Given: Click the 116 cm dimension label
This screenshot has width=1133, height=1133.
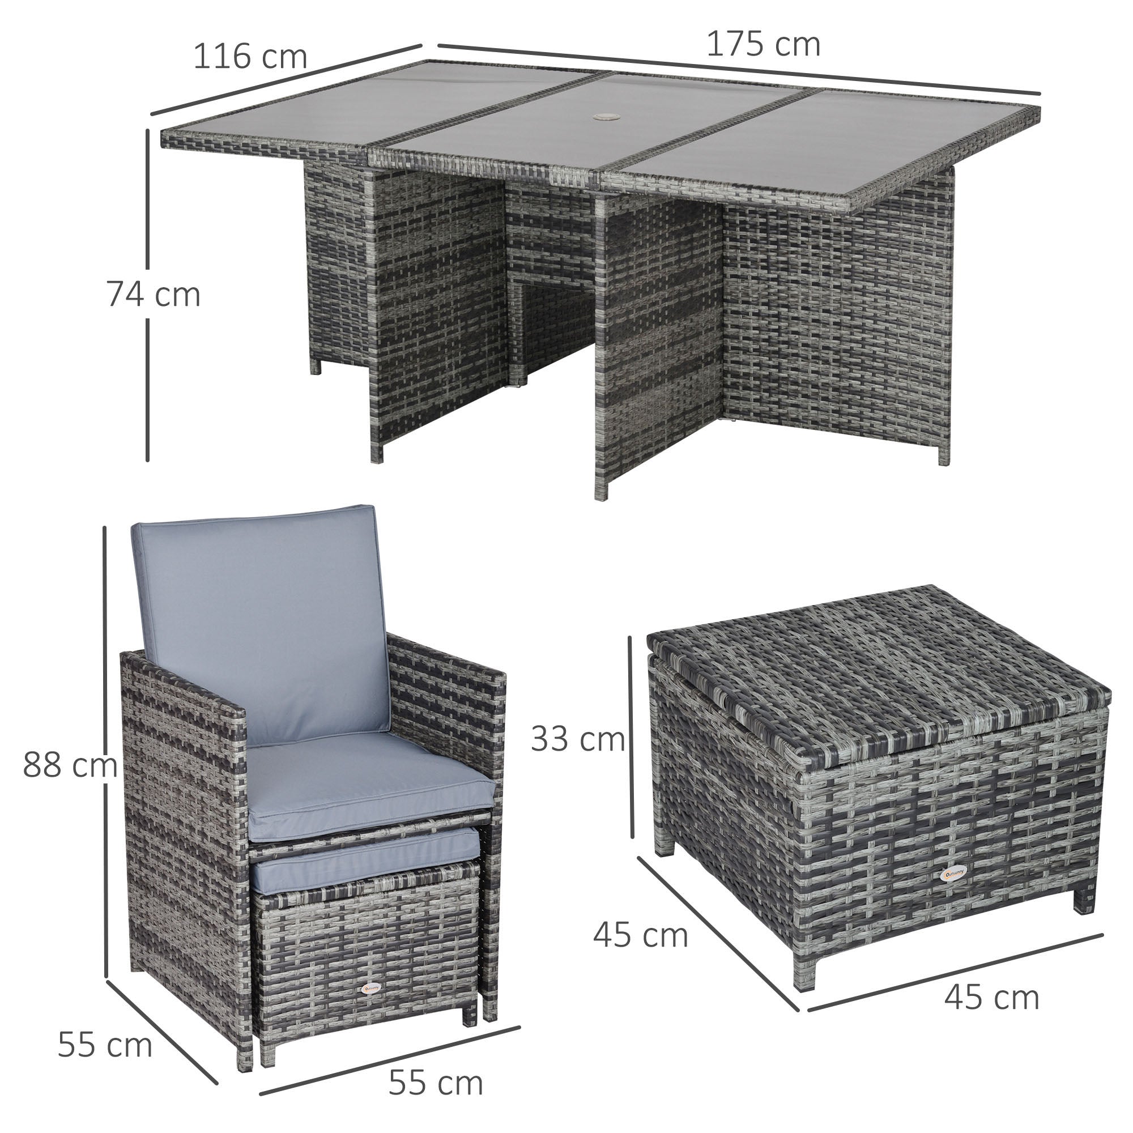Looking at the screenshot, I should click(x=250, y=57).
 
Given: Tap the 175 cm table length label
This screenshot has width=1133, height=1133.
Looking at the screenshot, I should click(x=763, y=45).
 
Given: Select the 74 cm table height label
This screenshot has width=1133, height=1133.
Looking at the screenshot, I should click(x=154, y=295).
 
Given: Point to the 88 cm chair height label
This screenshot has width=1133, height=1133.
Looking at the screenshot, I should click(x=69, y=765).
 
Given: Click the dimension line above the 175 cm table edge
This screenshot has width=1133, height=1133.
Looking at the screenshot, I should click(x=739, y=69).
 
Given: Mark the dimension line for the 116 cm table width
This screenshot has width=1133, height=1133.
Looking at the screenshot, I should click(x=286, y=79).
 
